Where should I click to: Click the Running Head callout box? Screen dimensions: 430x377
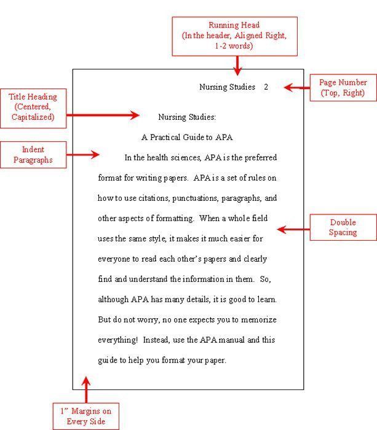pos(234,36)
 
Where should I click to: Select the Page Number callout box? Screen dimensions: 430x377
pos(343,87)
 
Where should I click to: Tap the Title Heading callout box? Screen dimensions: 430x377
pos(33,106)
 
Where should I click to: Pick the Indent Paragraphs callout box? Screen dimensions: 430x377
pos(33,155)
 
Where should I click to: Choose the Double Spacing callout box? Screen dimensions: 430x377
pos(343,227)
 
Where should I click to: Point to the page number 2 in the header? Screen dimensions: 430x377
pos(266,87)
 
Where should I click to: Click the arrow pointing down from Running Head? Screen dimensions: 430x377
pos(237,64)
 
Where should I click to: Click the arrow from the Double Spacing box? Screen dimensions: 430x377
pos(293,230)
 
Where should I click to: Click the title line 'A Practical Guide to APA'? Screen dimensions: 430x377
pos(187,138)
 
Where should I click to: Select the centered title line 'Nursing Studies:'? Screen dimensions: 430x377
pos(187,117)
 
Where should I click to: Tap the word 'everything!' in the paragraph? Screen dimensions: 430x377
pos(119,340)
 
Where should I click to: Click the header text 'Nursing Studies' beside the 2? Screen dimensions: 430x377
pos(227,87)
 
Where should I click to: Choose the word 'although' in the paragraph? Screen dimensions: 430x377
pos(113,300)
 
